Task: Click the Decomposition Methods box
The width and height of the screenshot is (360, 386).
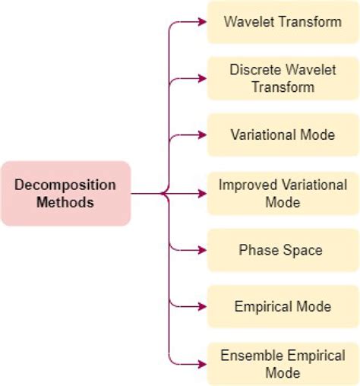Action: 66,193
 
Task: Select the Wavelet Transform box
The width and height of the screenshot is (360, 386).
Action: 283,21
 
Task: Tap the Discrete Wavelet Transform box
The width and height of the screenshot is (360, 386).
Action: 283,78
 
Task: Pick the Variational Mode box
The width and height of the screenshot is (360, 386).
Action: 283,134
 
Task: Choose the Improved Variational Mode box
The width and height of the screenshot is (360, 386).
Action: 283,193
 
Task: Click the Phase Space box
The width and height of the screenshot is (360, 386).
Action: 283,250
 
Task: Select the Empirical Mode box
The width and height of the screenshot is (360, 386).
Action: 283,307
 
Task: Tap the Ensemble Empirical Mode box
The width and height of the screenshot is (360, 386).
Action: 283,363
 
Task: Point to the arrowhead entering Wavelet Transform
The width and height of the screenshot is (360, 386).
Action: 201,21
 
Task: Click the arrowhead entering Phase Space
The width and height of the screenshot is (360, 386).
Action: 201,250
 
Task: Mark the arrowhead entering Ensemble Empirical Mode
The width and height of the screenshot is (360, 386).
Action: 201,363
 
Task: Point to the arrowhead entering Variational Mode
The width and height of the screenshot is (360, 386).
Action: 201,135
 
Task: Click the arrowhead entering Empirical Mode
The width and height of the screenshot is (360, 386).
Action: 201,307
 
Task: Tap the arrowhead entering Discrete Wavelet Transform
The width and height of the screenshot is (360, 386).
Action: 201,78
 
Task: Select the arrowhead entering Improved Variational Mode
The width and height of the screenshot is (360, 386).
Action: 201,193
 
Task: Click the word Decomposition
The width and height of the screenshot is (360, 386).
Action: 66,185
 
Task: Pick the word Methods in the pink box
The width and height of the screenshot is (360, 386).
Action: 66,202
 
